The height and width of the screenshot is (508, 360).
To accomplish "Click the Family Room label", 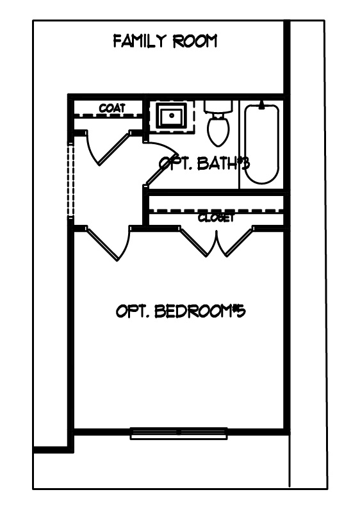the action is (165, 41).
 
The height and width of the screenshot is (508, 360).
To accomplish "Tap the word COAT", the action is (112, 108).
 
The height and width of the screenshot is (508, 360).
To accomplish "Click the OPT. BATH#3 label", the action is (204, 163).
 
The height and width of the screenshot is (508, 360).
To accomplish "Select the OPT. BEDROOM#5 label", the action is (181, 311).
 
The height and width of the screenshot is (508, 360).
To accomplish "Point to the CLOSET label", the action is (216, 218).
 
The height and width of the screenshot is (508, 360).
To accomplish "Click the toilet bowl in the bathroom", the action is (218, 131).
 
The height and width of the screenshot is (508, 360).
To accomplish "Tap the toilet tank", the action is (218, 106).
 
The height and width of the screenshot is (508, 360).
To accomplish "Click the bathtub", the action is (261, 143).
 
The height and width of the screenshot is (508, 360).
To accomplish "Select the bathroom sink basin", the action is (172, 116).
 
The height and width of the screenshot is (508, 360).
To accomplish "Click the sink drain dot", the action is (172, 115).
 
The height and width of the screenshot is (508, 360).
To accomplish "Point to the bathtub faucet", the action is (261, 104).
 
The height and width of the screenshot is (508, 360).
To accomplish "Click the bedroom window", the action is (179, 433).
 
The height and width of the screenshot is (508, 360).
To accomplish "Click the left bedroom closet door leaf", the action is (199, 242).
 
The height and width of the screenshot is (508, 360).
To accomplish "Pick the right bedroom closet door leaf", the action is (236, 242).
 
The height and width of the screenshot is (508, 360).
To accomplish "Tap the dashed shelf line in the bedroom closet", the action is (216, 211).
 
